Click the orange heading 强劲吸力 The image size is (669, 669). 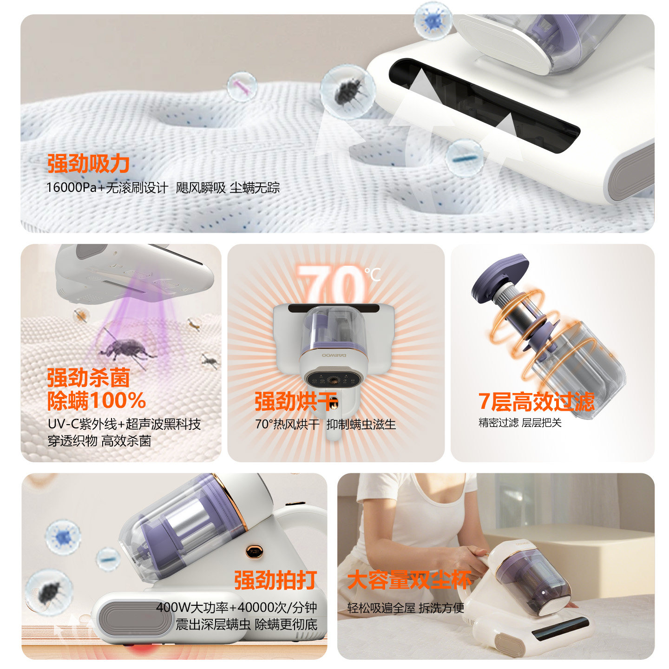tap(88, 164)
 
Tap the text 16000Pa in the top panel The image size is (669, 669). tap(71, 188)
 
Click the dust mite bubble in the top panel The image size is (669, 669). tap(347, 92)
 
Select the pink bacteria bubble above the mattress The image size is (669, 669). tap(242, 86)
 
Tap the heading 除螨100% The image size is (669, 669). tap(96, 400)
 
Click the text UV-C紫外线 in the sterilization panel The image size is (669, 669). tap(82, 424)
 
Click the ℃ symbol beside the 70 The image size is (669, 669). tap(372, 274)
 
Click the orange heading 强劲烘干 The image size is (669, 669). tap(295, 401)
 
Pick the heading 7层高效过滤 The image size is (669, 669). tap(536, 401)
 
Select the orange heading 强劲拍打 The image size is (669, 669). tap(275, 580)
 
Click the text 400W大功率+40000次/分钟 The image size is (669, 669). tap(236, 607)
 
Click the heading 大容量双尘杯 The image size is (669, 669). tap(409, 580)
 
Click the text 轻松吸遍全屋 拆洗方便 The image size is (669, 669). tap(406, 608)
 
